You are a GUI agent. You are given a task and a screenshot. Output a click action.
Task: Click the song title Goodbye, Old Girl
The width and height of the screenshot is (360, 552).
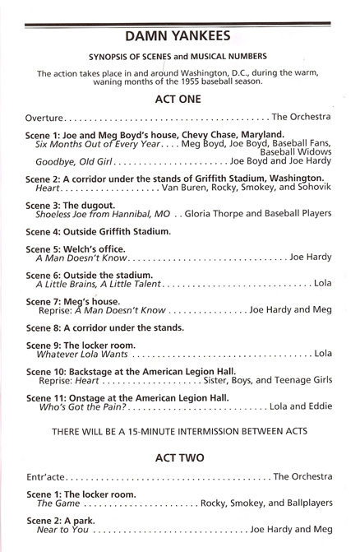click(72, 161)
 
